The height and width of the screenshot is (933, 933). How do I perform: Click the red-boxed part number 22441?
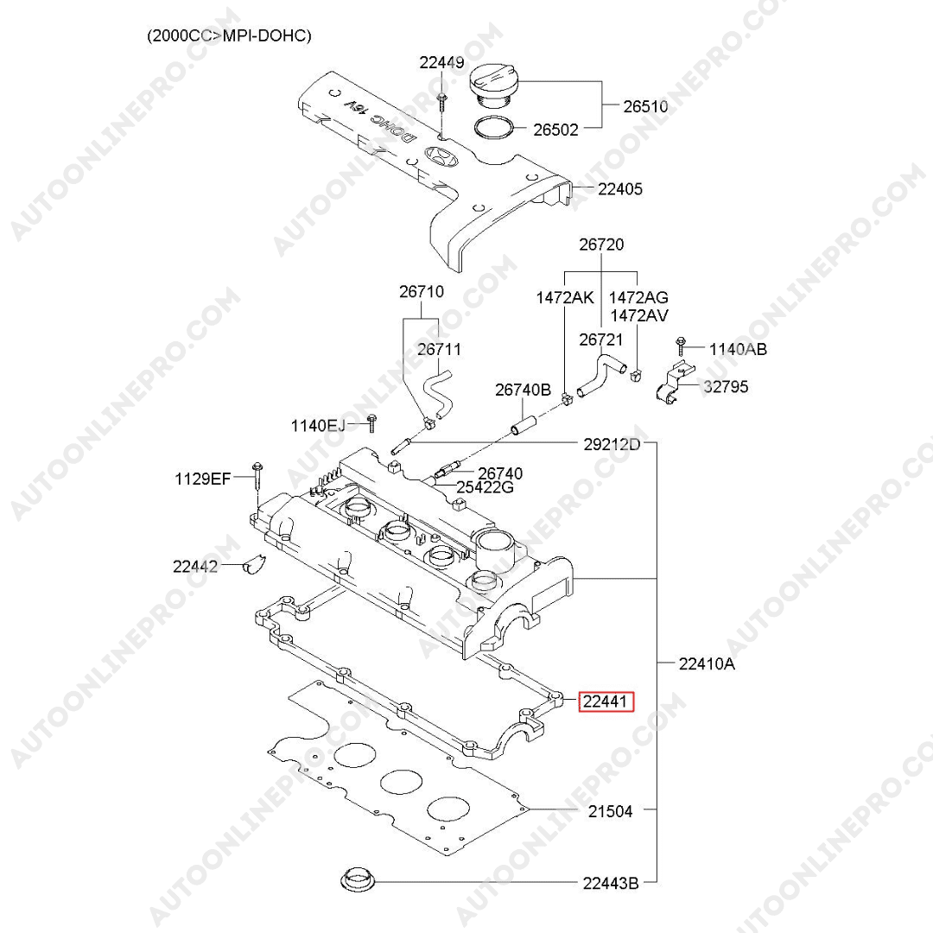[605, 701]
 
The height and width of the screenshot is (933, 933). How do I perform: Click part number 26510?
[645, 107]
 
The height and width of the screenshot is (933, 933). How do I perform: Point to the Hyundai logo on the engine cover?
[441, 157]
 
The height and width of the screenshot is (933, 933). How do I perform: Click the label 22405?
[620, 188]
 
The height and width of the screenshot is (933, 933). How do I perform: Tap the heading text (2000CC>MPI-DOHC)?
[229, 35]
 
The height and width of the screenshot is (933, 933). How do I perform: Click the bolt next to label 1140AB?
[681, 346]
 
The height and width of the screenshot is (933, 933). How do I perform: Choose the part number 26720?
[601, 245]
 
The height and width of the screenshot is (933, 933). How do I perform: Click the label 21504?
[610, 811]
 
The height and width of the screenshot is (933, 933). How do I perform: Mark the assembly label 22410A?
[707, 663]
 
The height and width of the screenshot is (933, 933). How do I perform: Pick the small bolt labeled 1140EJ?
[371, 422]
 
